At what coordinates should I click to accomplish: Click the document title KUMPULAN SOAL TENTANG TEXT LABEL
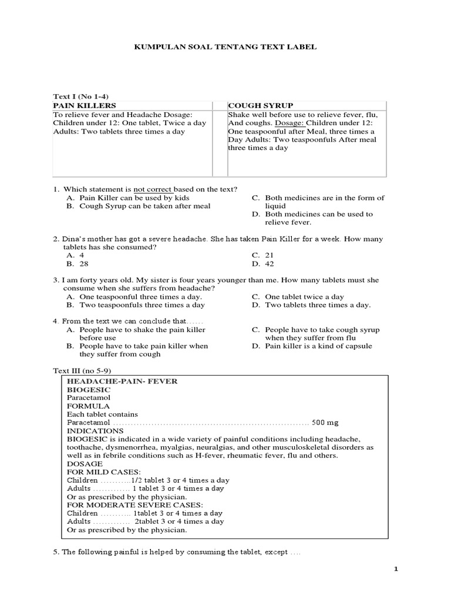[226, 46]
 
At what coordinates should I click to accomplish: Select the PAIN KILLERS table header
[84, 105]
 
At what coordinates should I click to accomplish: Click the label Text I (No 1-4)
[81, 96]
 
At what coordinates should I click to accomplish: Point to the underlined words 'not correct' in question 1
[153, 189]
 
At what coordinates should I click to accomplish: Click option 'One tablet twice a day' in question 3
[304, 297]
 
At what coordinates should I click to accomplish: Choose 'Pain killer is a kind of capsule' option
[318, 346]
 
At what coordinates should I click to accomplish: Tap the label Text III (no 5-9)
[83, 372]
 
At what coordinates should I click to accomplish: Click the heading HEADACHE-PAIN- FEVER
[122, 381]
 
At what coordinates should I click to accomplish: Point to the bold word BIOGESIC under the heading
[89, 389]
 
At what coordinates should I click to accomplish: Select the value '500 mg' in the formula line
[325, 423]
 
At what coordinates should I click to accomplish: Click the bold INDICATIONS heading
[95, 430]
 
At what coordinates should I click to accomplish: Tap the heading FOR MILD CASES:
[103, 472]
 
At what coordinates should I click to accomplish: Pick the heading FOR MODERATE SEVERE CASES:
[135, 505]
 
